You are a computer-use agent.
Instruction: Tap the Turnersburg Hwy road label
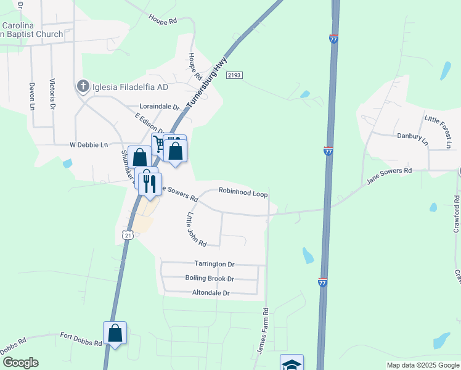tap(207, 83)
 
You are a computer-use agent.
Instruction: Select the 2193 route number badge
tap(234, 75)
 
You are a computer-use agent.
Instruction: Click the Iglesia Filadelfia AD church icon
tap(83, 87)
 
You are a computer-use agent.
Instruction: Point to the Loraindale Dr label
tap(159, 107)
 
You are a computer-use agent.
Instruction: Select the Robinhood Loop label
tap(243, 194)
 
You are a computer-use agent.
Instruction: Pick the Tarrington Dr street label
tap(214, 264)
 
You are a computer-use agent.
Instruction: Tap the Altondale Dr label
tap(211, 293)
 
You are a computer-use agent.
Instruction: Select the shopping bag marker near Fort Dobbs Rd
tap(115, 334)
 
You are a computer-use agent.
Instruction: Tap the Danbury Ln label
tap(412, 138)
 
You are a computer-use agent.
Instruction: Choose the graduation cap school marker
tap(292, 363)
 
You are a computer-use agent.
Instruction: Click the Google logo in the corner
tap(20, 363)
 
